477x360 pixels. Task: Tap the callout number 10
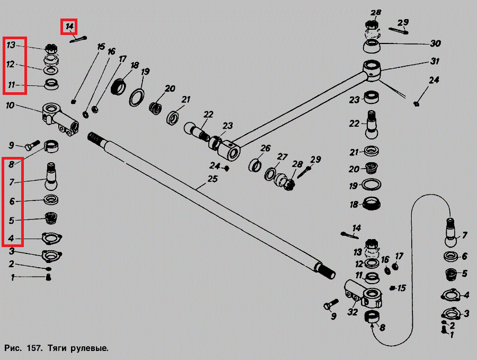pyautogui.click(x=11, y=106)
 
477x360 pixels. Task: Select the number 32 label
pyautogui.click(x=352, y=313)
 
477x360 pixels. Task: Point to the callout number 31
pyautogui.click(x=435, y=61)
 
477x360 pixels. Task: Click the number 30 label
pyautogui.click(x=435, y=43)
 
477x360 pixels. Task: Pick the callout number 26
pyautogui.click(x=265, y=148)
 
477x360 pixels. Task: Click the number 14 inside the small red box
pyautogui.click(x=69, y=25)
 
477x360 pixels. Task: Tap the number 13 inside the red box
pyautogui.click(x=11, y=45)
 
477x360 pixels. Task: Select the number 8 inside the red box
pyautogui.click(x=11, y=164)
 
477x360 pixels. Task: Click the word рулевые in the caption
pyautogui.click(x=91, y=349)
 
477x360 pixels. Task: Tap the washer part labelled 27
pyautogui.click(x=271, y=173)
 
